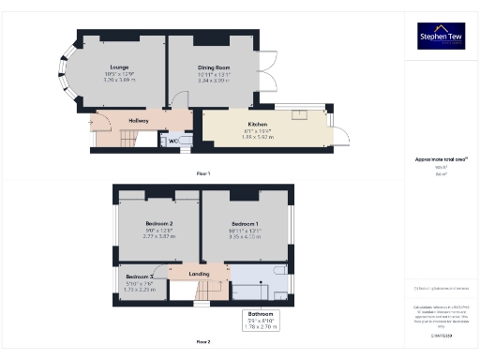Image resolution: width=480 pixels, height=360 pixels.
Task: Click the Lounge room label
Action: tap(119, 67)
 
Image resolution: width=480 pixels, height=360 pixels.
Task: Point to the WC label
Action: tap(173, 141)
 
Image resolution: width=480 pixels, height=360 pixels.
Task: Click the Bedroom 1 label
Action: tap(247, 224)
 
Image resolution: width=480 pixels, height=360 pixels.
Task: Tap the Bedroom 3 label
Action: tap(138, 277)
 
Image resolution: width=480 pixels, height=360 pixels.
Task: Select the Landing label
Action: tap(199, 274)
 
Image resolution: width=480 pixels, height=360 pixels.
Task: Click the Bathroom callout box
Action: tap(267, 320)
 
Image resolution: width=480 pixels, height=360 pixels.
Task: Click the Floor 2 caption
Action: tap(202, 341)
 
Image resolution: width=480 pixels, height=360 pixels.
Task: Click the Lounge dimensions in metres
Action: tap(119, 82)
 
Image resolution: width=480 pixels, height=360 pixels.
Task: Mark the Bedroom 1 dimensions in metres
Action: tap(247, 238)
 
